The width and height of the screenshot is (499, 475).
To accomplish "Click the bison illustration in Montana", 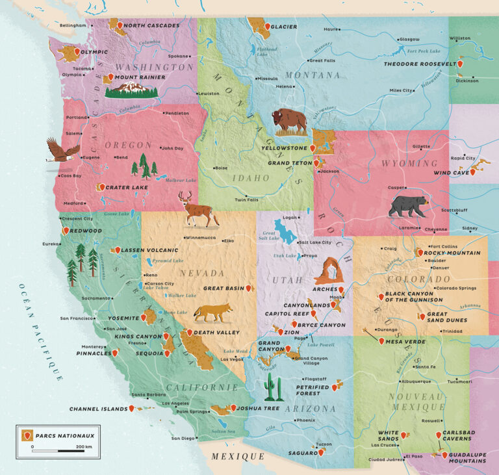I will (289, 122).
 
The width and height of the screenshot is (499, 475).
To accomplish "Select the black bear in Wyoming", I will (408, 206).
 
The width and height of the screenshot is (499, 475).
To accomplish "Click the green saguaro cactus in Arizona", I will (274, 388).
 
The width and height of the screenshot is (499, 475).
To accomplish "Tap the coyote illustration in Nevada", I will (212, 313).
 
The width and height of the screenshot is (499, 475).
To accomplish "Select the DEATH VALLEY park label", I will (218, 333).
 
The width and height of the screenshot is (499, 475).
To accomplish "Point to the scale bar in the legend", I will (58, 450).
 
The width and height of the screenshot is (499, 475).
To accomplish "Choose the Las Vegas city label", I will (231, 359).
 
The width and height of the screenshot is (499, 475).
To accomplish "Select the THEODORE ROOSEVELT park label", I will (419, 64).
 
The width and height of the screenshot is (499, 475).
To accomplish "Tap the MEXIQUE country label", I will (238, 457).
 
